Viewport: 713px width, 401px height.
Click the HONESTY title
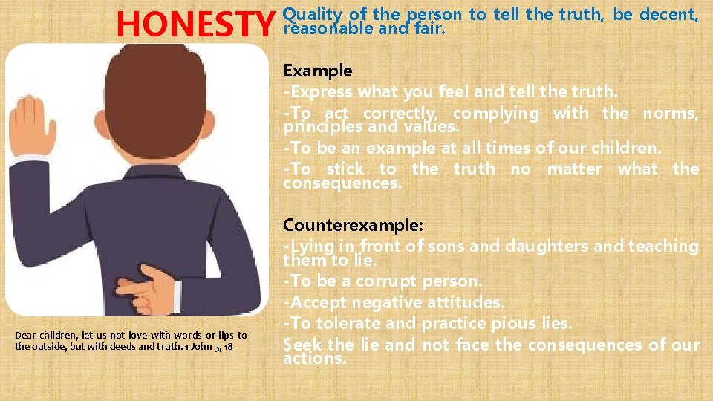point(195,24)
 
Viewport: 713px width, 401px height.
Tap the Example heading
point(317,71)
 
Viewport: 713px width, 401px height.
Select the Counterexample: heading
point(342,224)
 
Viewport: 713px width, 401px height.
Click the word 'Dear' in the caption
point(26,336)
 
